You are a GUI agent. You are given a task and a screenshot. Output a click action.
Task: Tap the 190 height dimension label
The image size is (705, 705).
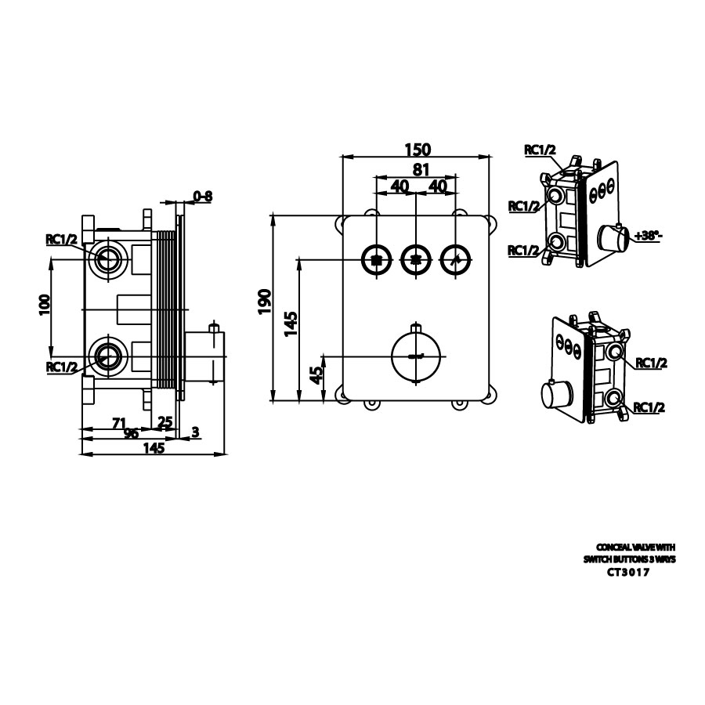point(264,302)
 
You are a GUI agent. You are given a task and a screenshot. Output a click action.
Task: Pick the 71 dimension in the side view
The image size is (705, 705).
point(119,423)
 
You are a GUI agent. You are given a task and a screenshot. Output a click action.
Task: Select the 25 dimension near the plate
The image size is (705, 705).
point(165,423)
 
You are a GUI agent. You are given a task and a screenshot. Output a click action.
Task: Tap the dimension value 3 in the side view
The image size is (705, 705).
point(194,432)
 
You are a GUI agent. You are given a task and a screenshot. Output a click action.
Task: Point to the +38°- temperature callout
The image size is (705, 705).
point(649,235)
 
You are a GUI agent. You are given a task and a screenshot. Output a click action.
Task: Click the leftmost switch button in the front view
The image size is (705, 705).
point(377,258)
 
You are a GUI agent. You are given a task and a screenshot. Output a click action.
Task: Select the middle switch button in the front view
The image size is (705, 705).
point(414,258)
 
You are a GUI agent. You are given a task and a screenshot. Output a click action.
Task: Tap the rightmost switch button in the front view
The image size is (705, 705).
point(453,258)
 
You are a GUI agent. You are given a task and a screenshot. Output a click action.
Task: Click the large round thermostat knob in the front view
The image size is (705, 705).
point(414,356)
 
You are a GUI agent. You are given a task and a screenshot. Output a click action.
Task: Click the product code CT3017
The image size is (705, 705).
point(629,572)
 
